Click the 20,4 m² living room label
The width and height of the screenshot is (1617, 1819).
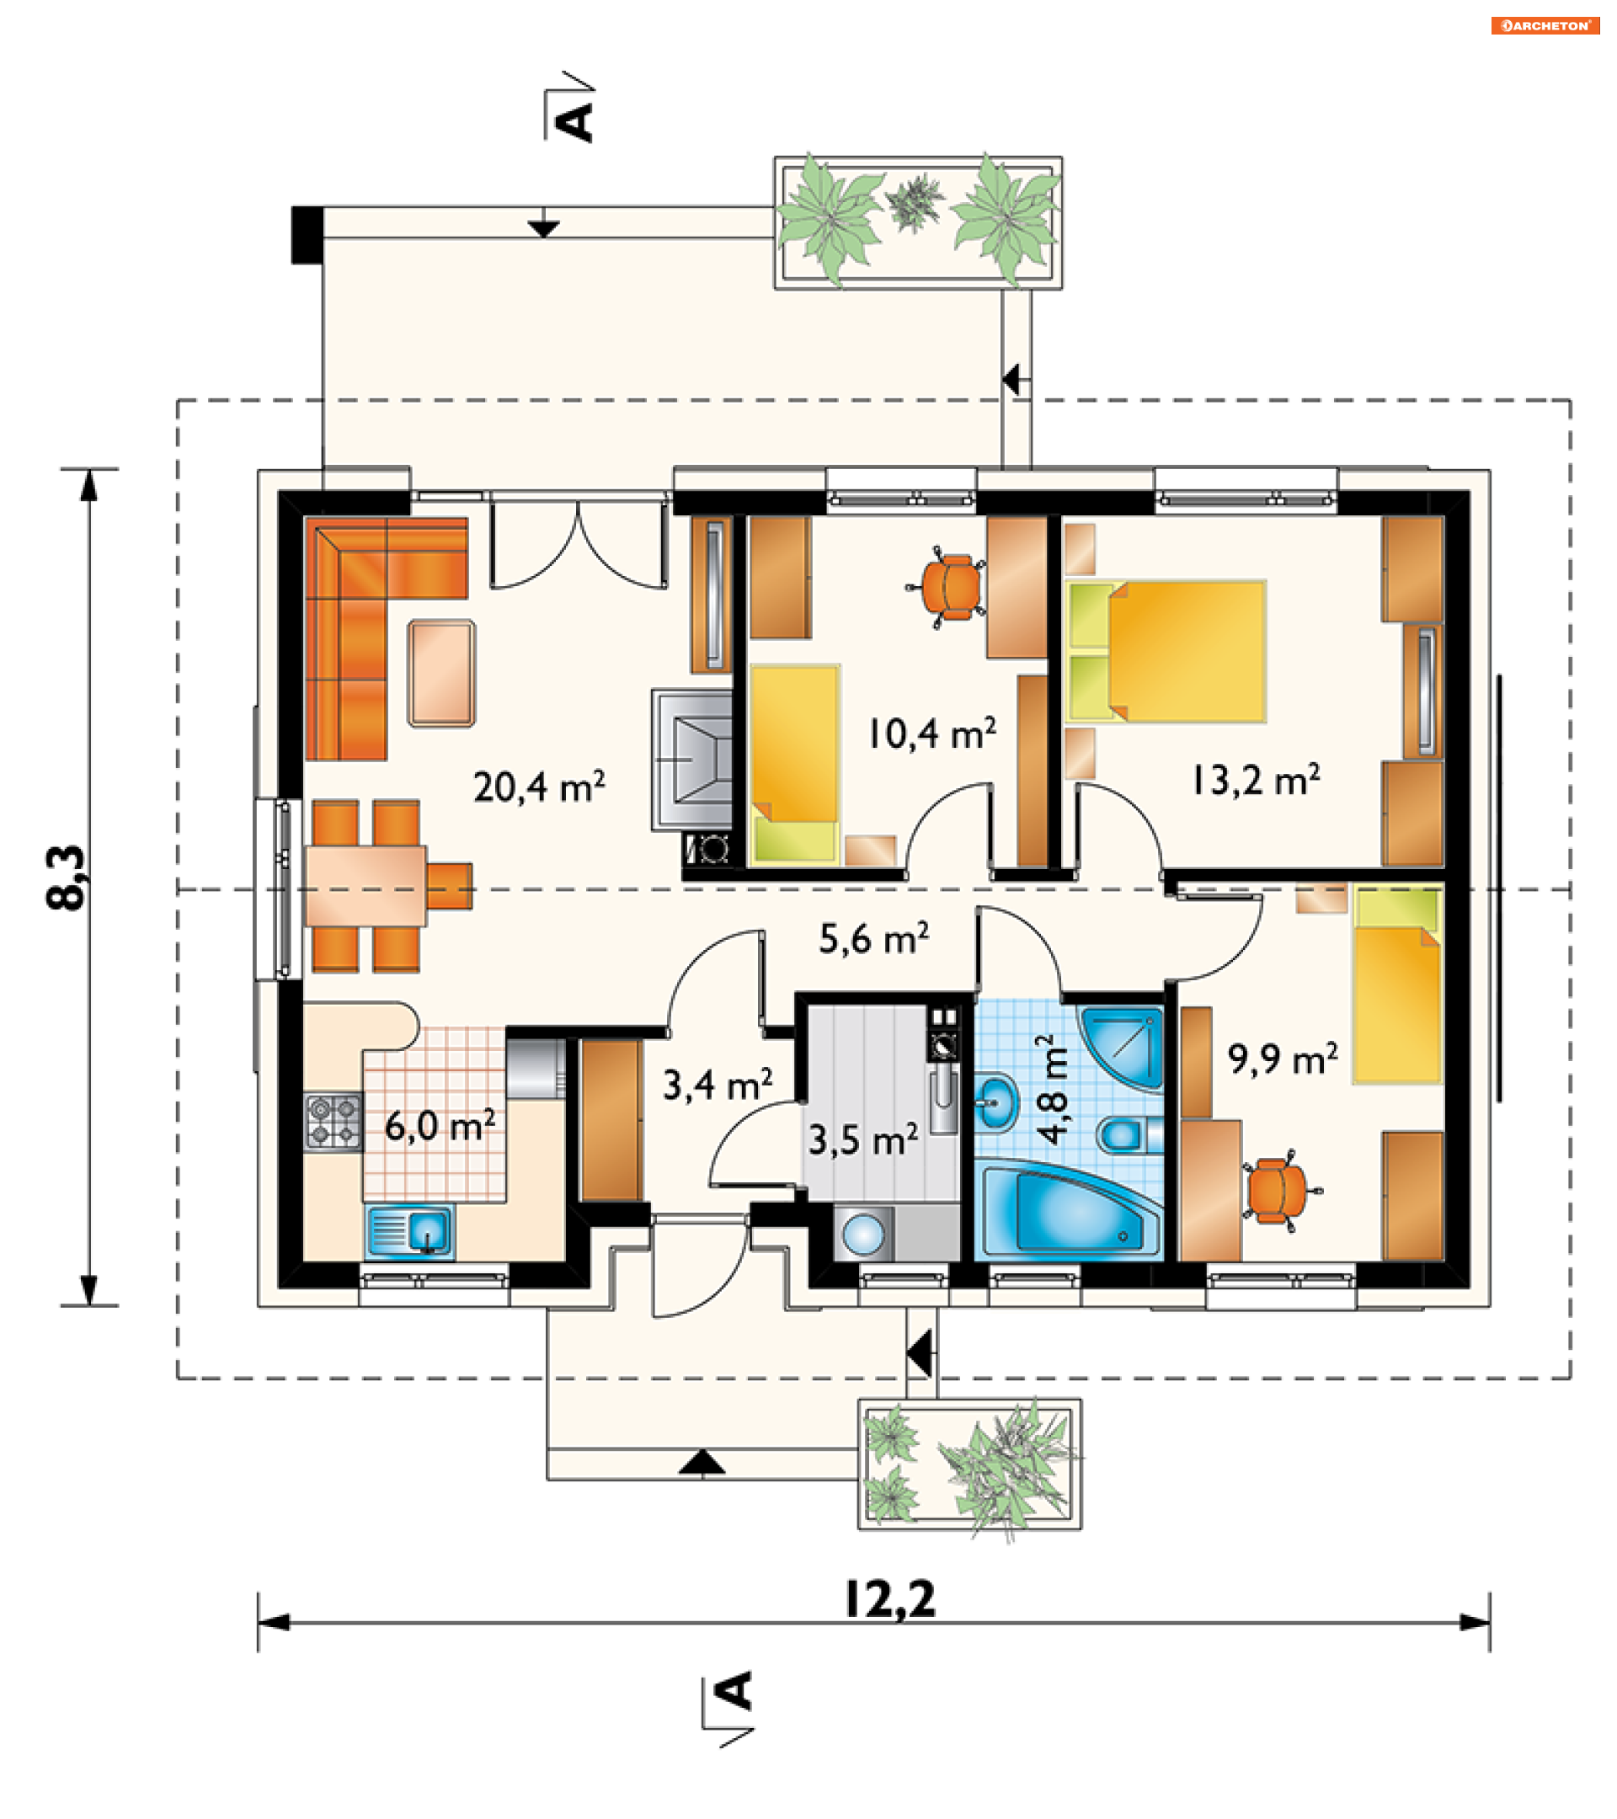(539, 787)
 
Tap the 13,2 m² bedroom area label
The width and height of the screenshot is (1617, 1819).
(1256, 781)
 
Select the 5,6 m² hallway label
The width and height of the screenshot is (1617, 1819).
(874, 939)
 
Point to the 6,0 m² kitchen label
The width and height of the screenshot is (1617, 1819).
(440, 1126)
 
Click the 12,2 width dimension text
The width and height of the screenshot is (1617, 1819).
(890, 1599)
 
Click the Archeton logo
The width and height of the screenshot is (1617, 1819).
(1545, 26)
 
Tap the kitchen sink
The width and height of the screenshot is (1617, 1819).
(410, 1232)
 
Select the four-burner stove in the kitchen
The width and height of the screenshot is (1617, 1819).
(333, 1122)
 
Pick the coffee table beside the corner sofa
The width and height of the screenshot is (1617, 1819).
(441, 674)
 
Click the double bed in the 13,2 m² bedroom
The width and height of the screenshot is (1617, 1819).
(1166, 652)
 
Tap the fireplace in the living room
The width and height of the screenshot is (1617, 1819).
(692, 759)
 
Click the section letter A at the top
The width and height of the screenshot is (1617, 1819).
(575, 121)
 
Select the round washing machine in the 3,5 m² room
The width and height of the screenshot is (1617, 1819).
(863, 1235)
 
